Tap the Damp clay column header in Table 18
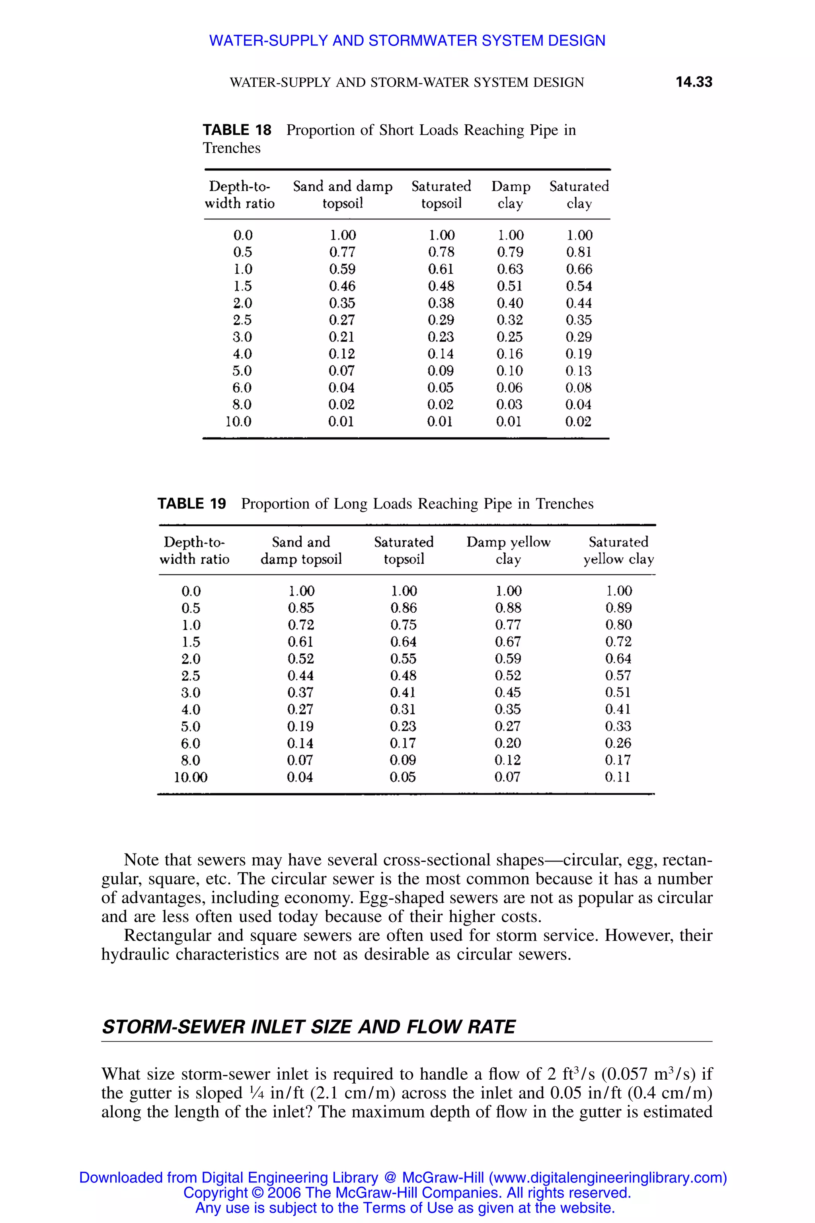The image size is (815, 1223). point(511,194)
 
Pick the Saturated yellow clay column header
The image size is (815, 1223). point(618,550)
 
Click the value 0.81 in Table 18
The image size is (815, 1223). point(579,252)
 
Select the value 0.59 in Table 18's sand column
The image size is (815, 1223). point(342,270)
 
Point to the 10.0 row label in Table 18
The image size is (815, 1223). point(238,422)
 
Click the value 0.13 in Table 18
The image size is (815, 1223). point(579,371)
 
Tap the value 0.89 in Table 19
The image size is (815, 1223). point(618,608)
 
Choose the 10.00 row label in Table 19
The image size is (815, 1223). point(190,778)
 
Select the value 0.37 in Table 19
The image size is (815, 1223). point(300,693)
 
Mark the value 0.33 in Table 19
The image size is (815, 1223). point(618,727)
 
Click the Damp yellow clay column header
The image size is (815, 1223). point(508,550)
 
